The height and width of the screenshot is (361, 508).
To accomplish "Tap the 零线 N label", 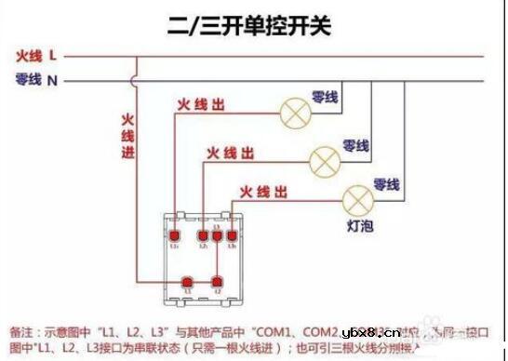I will click(x=37, y=80).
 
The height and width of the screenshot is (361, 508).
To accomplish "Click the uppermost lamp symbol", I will click(x=296, y=114).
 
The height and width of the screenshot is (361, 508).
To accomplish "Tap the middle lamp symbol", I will click(x=325, y=159).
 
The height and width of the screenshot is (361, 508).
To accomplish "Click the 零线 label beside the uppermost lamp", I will click(x=325, y=96).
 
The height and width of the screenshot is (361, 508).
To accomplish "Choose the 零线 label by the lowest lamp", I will click(x=386, y=183).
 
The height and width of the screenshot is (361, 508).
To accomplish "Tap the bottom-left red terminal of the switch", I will click(x=188, y=280).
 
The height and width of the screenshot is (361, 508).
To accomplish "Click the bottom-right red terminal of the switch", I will click(x=217, y=280).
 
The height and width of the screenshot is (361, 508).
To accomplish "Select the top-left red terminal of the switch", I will click(x=175, y=236).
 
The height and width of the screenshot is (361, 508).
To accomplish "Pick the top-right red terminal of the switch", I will click(x=233, y=236).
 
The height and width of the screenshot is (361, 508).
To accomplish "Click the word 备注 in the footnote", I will click(x=21, y=331).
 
